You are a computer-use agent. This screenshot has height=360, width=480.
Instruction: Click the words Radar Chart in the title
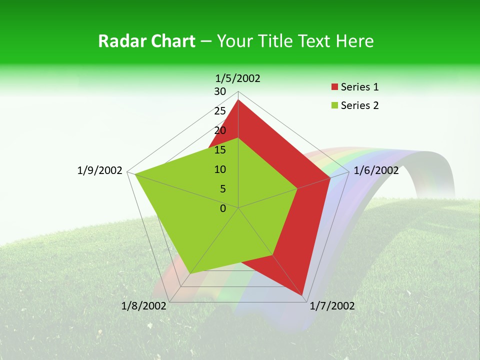146,41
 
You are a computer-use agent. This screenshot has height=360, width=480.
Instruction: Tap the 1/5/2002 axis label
238,78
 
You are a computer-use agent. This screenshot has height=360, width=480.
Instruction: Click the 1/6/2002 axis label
376,170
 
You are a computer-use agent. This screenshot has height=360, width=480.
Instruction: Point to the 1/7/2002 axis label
332,306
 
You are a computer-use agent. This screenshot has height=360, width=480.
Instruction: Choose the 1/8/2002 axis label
144,306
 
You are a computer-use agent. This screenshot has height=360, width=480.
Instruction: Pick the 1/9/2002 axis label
100,170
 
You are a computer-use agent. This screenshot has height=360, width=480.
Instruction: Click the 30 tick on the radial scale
220,91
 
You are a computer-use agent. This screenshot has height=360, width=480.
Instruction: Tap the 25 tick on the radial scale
220,111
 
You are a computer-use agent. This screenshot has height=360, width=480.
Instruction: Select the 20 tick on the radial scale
220,130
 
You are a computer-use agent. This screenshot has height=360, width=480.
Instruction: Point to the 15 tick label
220,150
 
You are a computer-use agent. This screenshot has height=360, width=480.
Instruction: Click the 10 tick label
220,169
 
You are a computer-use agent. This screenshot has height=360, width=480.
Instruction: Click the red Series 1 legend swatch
334,87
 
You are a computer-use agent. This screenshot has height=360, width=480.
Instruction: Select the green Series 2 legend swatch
334,105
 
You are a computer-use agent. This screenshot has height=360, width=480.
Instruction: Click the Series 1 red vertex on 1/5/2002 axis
238,100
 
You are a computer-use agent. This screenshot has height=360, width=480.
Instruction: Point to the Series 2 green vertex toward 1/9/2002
134,173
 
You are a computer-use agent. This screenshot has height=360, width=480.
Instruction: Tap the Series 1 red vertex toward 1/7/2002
303,295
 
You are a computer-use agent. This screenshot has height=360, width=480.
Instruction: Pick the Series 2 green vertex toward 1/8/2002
190,273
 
